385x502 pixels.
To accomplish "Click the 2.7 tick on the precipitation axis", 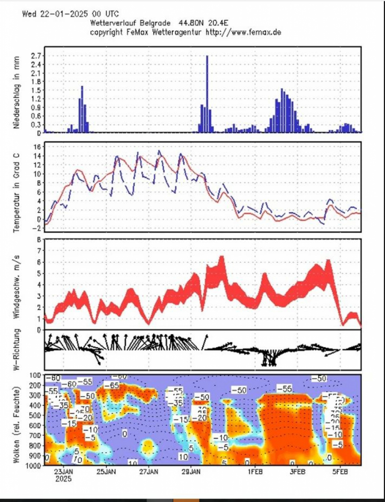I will (36, 56).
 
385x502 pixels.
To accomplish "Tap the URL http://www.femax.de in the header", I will (243, 32).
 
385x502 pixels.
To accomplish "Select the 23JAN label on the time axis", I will (64, 472).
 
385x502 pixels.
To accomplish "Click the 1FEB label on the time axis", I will (255, 472).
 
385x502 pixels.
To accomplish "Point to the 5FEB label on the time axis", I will (341, 472).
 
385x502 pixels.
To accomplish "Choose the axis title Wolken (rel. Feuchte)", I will (17, 419).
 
